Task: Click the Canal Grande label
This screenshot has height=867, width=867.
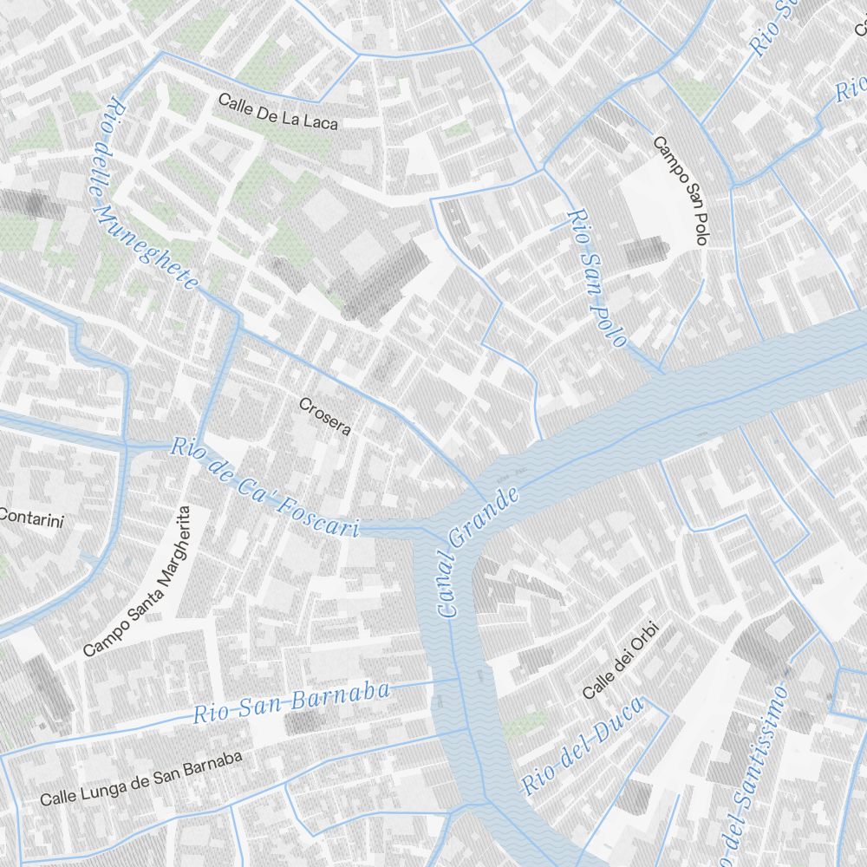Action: coord(479,551)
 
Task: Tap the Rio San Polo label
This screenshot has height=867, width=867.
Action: coord(596,277)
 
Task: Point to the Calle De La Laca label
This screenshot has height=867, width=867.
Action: coord(277,112)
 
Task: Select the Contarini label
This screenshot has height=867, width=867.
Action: coord(32,518)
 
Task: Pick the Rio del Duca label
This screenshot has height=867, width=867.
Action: coord(583,746)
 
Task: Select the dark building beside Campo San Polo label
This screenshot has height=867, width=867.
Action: coord(646,251)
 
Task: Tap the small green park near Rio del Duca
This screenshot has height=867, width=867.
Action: coord(525,724)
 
